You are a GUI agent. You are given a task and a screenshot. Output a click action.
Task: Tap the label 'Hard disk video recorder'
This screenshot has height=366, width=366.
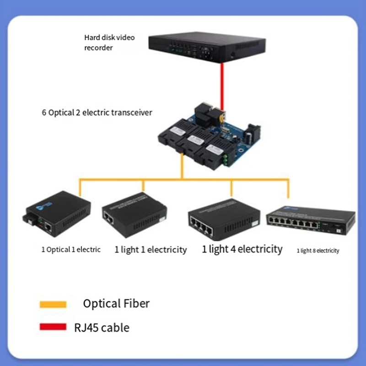click(x=109, y=42)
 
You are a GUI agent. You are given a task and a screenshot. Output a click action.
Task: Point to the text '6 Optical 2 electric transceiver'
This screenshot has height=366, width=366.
click(x=97, y=112)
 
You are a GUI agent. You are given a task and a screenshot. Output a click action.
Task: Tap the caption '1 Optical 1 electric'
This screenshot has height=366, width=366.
click(x=71, y=249)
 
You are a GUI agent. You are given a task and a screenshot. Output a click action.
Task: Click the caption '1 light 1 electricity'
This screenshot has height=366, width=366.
click(x=151, y=249)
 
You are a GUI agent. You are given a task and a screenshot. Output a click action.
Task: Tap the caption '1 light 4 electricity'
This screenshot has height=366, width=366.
click(x=242, y=249)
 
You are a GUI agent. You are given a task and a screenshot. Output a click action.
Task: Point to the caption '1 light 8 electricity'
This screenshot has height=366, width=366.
click(x=318, y=251)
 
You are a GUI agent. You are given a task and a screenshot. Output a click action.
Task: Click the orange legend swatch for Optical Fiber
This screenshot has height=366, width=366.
click(x=53, y=304)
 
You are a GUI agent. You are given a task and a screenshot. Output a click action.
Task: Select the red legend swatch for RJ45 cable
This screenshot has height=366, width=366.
click(x=53, y=327)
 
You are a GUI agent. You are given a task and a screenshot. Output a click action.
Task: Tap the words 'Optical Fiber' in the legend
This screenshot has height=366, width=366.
click(x=116, y=303)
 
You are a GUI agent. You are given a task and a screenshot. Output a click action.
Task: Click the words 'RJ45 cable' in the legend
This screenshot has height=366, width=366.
click(x=101, y=328)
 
